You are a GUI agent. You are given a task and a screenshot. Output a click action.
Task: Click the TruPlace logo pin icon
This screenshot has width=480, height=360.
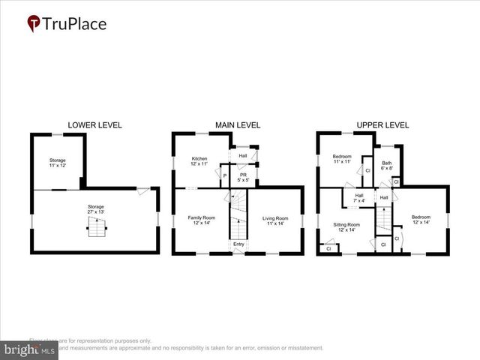pos(34,24)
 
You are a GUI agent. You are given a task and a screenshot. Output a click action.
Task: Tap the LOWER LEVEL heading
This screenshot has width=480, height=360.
pos(94,124)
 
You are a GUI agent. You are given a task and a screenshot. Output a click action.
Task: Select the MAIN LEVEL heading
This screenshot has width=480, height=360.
pos(238,124)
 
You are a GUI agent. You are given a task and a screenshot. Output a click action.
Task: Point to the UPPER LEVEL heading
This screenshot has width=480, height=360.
pos(382,124)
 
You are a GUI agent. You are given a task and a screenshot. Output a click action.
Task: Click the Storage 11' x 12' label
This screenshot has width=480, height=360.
pos(58,163)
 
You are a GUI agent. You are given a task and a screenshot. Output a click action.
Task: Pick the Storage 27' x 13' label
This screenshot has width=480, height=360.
pos(94,209)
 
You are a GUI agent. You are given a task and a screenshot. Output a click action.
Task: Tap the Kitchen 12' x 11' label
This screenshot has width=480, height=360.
pos(199,161)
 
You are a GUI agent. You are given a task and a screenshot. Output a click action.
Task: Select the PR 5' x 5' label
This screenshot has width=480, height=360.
pos(243,177)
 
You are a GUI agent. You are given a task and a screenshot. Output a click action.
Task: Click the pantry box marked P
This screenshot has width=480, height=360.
pos(225,175)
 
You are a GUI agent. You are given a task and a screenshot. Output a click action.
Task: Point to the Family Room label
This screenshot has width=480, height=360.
pos(201,220)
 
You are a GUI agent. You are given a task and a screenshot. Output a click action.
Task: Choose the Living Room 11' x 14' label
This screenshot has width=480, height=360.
pos(275,220)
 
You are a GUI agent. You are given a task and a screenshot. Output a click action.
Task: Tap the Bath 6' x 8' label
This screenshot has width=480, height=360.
pos(386,166)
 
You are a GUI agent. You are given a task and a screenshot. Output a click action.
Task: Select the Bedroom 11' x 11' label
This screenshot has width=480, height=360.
pos(342,159)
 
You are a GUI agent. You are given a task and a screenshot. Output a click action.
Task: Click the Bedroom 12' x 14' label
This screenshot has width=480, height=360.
pos(421,220)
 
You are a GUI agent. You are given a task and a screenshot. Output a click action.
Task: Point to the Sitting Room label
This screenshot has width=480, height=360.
pos(347,227)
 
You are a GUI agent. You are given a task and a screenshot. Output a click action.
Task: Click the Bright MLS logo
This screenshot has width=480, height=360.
pos(30,349)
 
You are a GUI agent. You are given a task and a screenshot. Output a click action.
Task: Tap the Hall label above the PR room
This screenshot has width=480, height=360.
pos(243,156)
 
